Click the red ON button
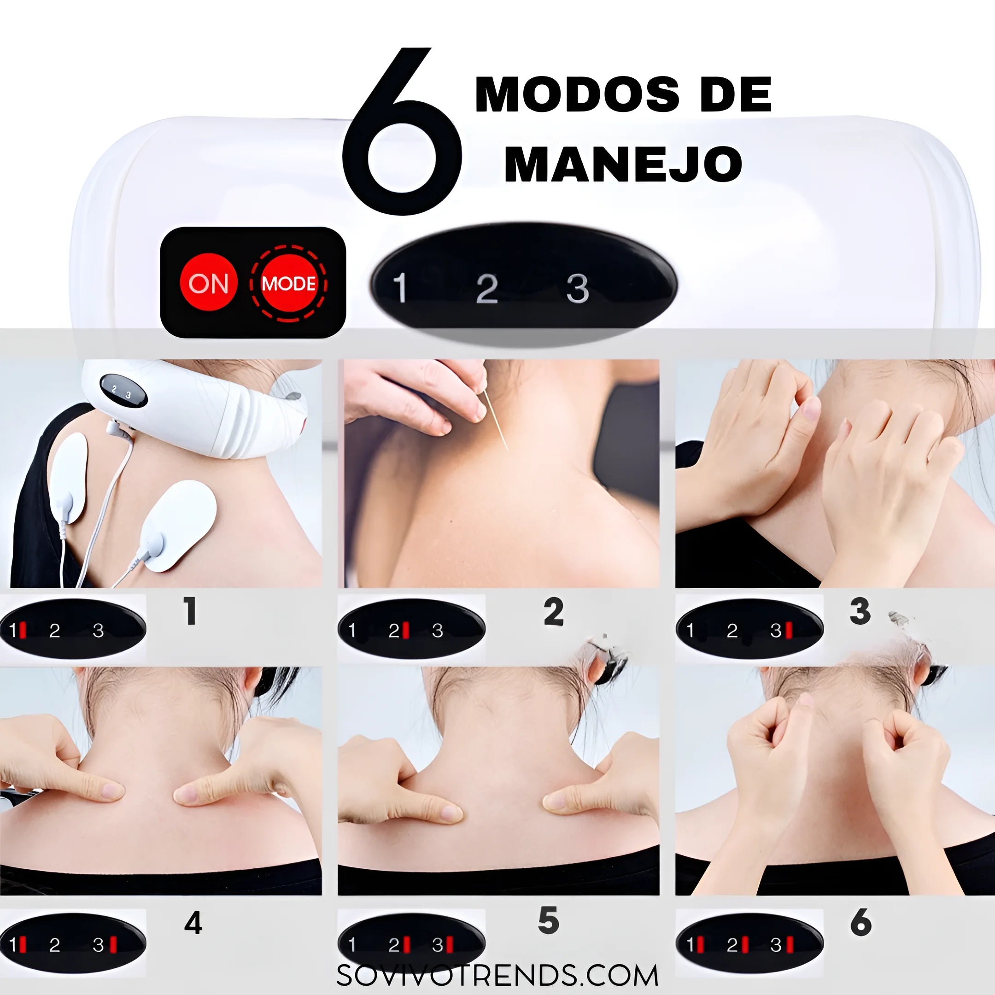(208, 283)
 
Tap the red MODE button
(288, 283)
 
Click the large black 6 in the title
(402, 130)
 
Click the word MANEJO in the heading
(623, 164)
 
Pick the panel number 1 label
(190, 611)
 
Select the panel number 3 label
(860, 611)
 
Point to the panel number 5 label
(549, 920)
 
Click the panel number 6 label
(861, 922)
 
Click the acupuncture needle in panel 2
(496, 420)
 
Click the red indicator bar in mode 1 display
(22, 629)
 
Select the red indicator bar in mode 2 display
(406, 629)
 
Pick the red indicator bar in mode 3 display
(789, 629)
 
